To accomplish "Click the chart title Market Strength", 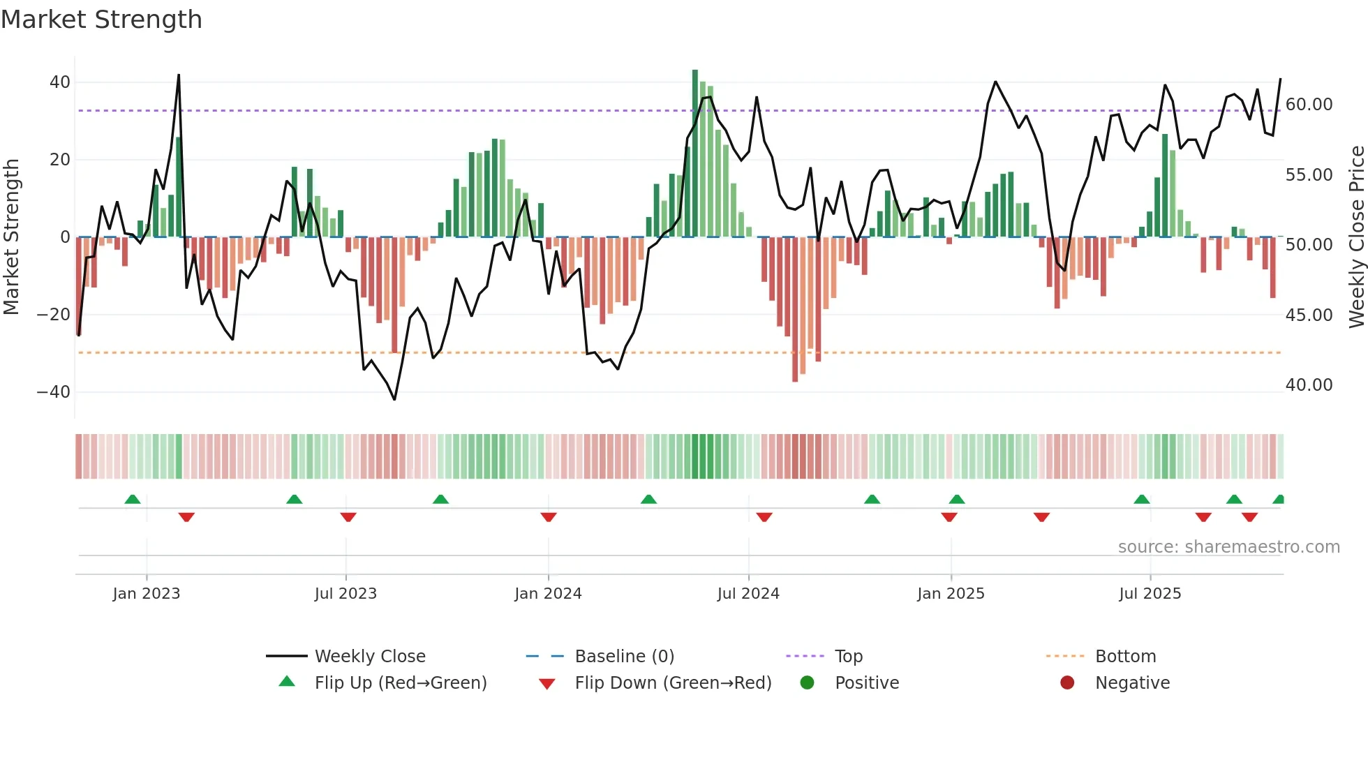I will (x=101, y=20).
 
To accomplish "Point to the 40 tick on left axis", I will (x=60, y=82).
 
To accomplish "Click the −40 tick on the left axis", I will (x=54, y=392).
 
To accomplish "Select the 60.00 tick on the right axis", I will (x=1309, y=105).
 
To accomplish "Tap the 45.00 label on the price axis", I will (x=1309, y=315).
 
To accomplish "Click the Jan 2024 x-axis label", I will (x=548, y=594).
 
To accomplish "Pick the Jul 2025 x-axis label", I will (x=1150, y=594).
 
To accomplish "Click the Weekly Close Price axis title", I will (x=1356, y=237).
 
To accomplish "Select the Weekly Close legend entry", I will (x=369, y=657).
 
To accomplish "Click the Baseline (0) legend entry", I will (x=624, y=657).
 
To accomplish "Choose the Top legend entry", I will (x=848, y=657).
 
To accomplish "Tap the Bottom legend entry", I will (x=1125, y=657).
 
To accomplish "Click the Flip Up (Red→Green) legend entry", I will (x=400, y=683).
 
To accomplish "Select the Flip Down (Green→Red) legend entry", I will (x=673, y=683).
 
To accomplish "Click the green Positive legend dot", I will (x=808, y=683).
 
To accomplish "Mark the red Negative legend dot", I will (x=1067, y=683).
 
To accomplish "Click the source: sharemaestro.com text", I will (x=1228, y=547).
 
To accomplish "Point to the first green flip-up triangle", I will (x=133, y=499).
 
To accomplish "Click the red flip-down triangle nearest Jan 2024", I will (x=549, y=517).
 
